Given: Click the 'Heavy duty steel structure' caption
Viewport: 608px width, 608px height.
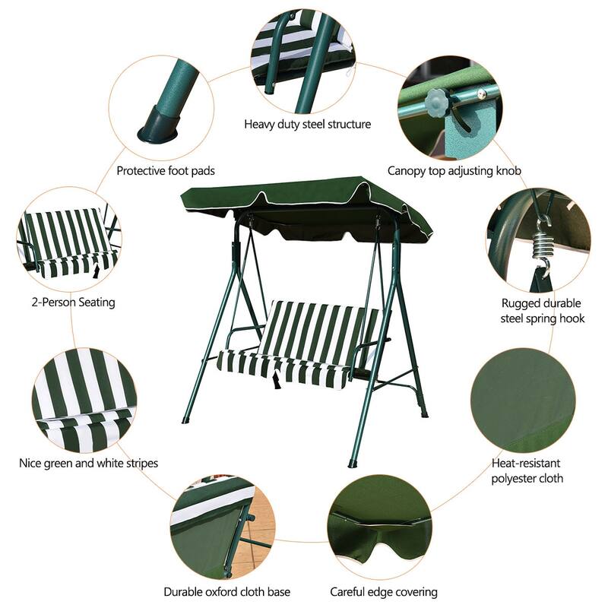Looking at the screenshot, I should click(x=307, y=124).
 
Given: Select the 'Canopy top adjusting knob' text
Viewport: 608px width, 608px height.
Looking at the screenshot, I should click(x=454, y=171).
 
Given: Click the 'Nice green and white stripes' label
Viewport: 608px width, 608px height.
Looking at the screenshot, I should click(x=88, y=462).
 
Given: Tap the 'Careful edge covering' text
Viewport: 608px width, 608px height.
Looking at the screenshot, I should click(x=383, y=591).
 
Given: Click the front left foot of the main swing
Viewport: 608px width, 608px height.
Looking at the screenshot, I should click(x=185, y=420).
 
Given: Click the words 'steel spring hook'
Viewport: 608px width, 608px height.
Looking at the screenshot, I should click(x=542, y=318).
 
